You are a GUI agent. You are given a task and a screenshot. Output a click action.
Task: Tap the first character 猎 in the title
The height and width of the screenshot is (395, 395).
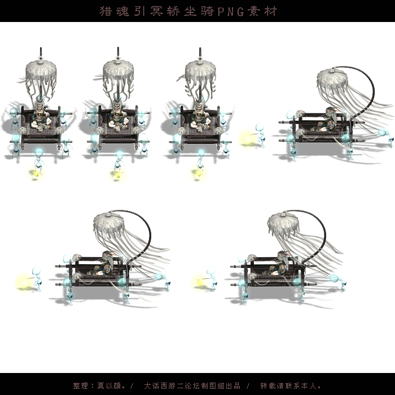(106, 11)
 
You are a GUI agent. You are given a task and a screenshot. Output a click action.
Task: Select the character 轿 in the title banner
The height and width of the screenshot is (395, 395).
(173, 11)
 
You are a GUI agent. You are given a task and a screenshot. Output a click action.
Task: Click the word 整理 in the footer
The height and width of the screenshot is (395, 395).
(81, 385)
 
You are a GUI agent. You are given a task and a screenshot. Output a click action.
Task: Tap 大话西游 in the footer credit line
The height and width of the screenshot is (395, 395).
(160, 385)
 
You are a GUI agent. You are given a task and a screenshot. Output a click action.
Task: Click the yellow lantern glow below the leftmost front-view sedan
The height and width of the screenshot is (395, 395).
(36, 173)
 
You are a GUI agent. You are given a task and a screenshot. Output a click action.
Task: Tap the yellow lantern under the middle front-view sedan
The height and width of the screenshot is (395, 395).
(117, 174)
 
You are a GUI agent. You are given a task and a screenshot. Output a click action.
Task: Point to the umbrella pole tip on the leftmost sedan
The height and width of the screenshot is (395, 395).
(41, 47)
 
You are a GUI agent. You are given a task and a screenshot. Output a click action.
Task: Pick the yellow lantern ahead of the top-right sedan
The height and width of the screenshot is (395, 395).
(248, 139)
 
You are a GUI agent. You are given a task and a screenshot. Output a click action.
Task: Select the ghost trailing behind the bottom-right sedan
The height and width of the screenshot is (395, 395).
(339, 282)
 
